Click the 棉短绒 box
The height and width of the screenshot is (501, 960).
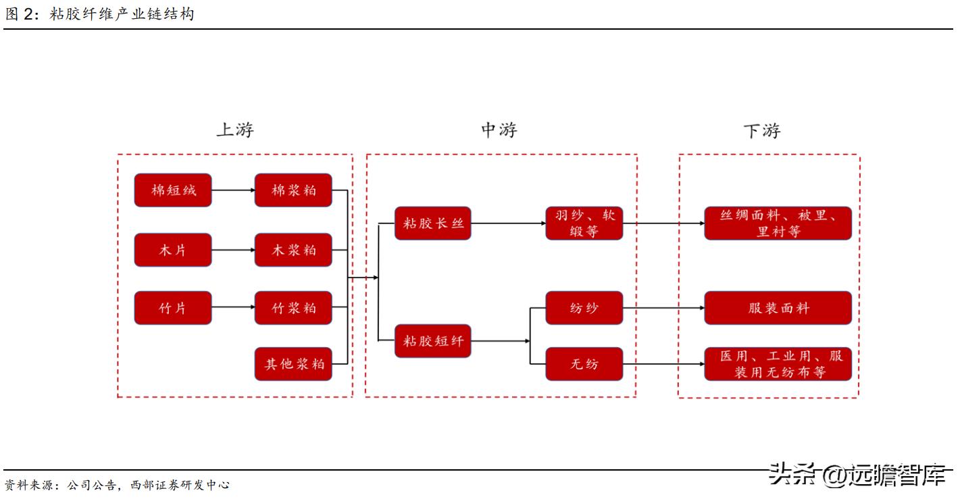click(x=173, y=190)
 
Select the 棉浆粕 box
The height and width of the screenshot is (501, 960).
click(x=293, y=190)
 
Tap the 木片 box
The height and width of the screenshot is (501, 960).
click(x=173, y=250)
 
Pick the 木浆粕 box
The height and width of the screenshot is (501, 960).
click(x=293, y=250)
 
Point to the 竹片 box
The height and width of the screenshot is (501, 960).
click(x=173, y=308)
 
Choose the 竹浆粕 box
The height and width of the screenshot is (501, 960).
click(x=293, y=308)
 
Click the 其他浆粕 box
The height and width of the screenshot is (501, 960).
click(x=293, y=364)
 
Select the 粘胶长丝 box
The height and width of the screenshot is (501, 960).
click(x=432, y=223)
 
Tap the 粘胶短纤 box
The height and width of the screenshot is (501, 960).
click(x=432, y=341)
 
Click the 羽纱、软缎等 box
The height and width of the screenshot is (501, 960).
click(x=584, y=223)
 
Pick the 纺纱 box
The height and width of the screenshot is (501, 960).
click(x=584, y=308)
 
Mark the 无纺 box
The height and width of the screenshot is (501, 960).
click(x=584, y=364)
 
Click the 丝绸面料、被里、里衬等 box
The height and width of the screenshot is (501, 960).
click(x=778, y=223)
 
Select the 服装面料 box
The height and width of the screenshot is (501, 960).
click(x=778, y=308)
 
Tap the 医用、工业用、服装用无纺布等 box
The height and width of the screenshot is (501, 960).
click(x=778, y=364)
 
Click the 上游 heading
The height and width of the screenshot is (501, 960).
click(x=234, y=130)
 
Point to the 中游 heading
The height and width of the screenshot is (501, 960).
click(x=499, y=130)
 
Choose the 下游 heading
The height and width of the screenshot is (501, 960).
click(x=761, y=131)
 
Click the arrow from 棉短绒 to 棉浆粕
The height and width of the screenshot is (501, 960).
click(x=233, y=190)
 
